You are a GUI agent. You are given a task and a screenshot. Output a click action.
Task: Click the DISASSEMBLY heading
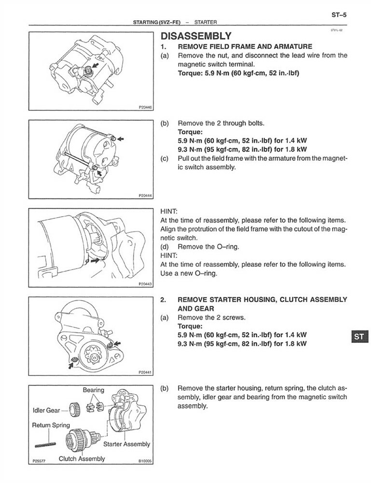point(195,36)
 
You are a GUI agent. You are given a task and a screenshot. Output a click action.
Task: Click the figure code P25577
point(40,461)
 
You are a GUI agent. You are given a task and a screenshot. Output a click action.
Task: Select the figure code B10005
point(144,461)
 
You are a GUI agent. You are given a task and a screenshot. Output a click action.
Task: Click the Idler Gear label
point(46,410)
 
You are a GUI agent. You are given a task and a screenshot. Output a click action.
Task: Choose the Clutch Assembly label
point(82,458)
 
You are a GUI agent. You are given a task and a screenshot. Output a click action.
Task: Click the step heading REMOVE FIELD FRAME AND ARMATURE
point(245,47)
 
